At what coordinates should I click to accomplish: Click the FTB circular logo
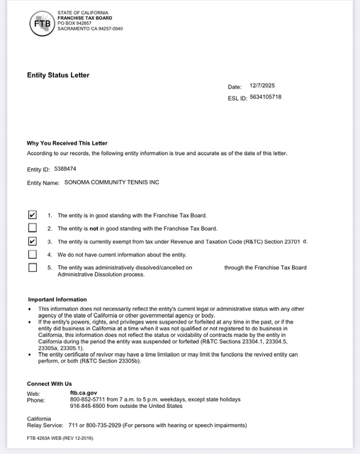coord(41,23)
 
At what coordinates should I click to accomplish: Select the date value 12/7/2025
coord(261,86)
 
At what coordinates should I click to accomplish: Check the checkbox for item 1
coord(32,214)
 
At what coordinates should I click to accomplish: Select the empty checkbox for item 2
coord(32,228)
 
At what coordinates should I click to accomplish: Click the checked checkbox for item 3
coord(32,241)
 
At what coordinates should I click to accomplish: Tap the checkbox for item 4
coord(32,254)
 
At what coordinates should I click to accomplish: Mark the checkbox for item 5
coord(32,267)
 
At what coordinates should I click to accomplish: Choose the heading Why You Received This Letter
coord(67,143)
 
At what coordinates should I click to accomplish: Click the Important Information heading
coord(57,299)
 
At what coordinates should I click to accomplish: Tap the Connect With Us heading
coord(49,384)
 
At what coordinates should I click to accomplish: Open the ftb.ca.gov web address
coord(83,392)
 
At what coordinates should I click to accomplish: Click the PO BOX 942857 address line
coord(74,23)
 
